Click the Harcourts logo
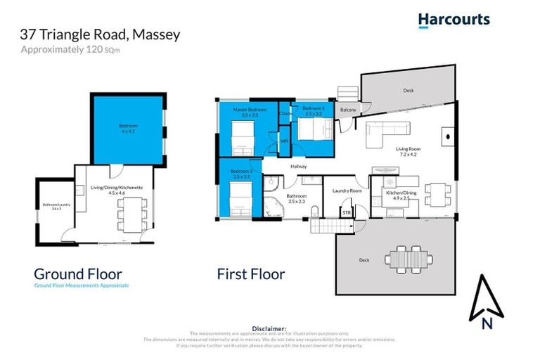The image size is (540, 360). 454,20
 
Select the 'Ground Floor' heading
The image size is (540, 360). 78,274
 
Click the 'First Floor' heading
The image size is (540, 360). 251,274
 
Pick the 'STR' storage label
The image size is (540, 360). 346,211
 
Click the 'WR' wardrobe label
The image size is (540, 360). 284,141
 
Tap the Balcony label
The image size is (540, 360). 348,110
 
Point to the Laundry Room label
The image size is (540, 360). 347,191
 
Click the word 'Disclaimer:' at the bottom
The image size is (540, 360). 269,328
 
